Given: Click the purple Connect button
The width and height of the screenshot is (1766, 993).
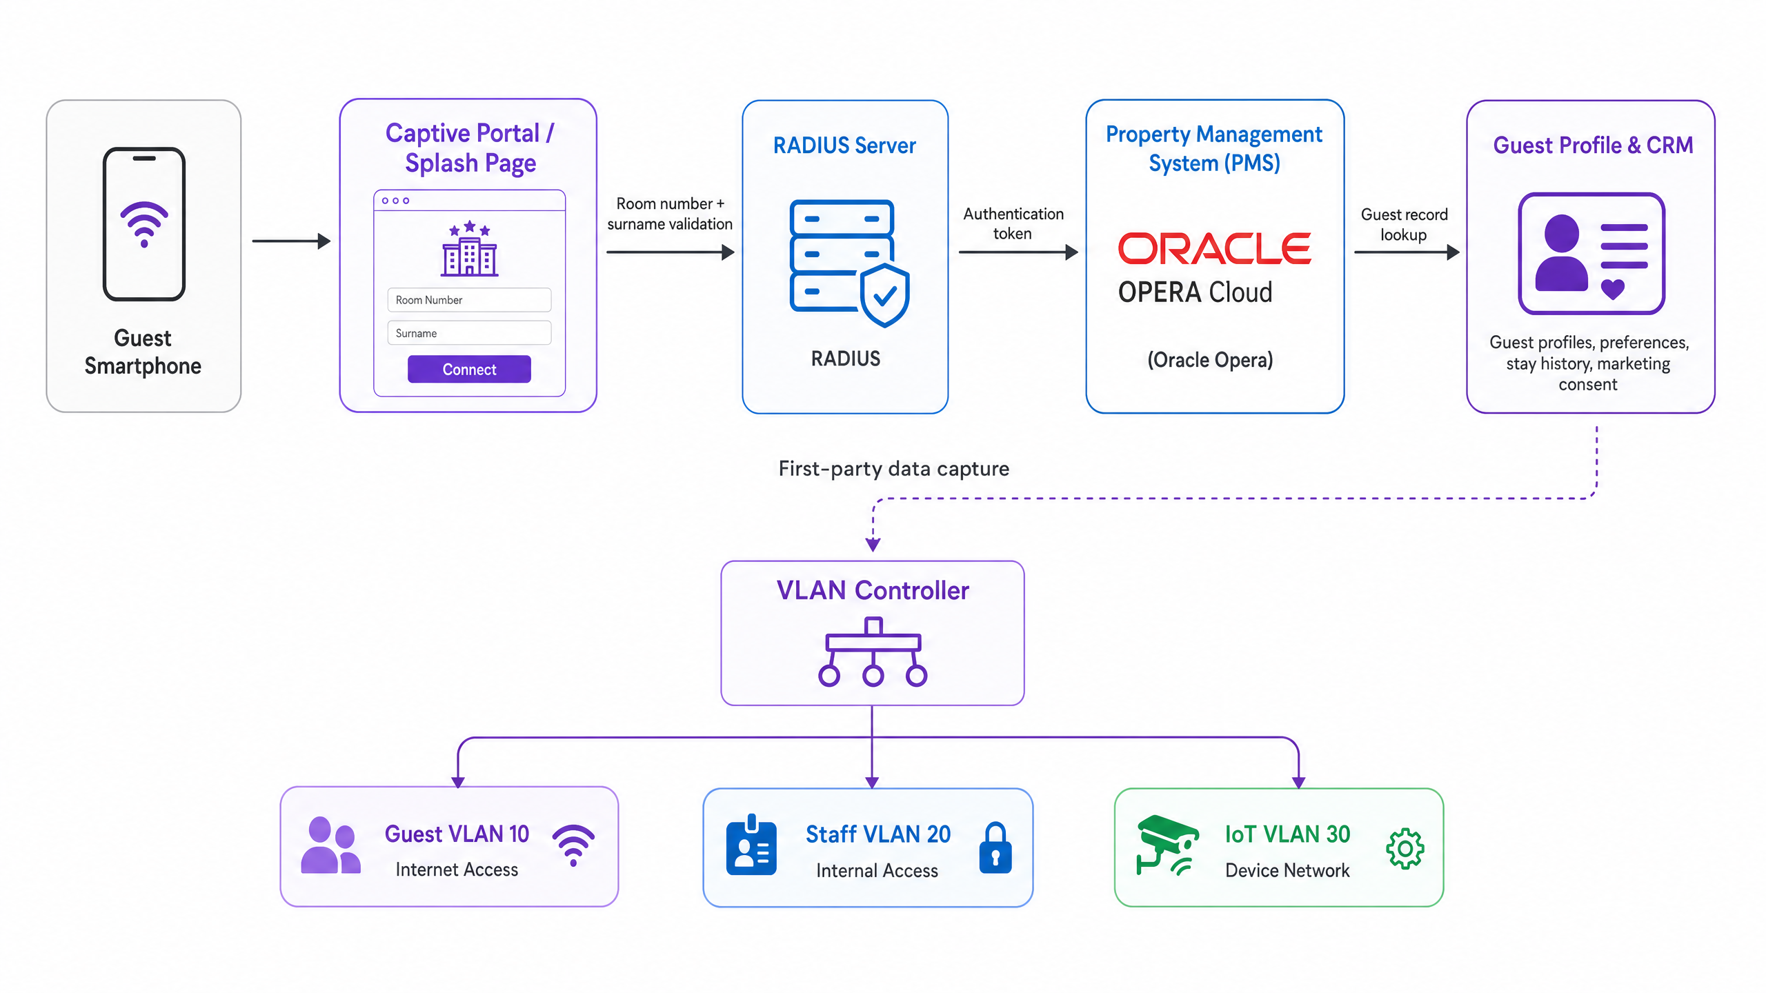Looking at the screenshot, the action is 469,369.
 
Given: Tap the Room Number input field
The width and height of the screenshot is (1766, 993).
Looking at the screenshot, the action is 469,300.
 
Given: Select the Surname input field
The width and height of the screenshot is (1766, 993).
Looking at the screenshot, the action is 469,333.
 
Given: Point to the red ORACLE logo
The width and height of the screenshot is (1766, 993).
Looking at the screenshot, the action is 1214,248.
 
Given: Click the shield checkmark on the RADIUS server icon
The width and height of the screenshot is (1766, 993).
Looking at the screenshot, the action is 885,295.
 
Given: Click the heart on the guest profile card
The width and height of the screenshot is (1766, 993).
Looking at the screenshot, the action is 1613,289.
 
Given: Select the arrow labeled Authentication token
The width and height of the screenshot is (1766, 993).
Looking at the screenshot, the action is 1018,252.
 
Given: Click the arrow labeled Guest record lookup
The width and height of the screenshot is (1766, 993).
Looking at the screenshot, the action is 1407,252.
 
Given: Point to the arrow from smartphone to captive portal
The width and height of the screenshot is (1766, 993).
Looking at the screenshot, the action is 292,241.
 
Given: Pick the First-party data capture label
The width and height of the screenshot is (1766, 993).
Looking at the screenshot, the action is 894,469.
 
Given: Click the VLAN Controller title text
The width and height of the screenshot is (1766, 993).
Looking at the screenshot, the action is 873,590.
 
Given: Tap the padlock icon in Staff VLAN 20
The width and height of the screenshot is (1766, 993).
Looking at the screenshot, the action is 995,847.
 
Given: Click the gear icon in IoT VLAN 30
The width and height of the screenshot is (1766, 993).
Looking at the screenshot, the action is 1405,849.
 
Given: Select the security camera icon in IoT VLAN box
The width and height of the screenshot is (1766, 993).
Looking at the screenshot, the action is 1167,845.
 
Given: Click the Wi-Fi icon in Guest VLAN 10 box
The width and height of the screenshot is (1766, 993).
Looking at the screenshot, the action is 573,845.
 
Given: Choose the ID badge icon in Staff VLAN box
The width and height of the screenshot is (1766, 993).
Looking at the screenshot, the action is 751,845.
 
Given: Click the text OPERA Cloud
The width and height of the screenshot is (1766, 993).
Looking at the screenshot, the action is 1195,292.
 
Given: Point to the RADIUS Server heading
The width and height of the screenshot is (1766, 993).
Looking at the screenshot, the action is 844,146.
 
